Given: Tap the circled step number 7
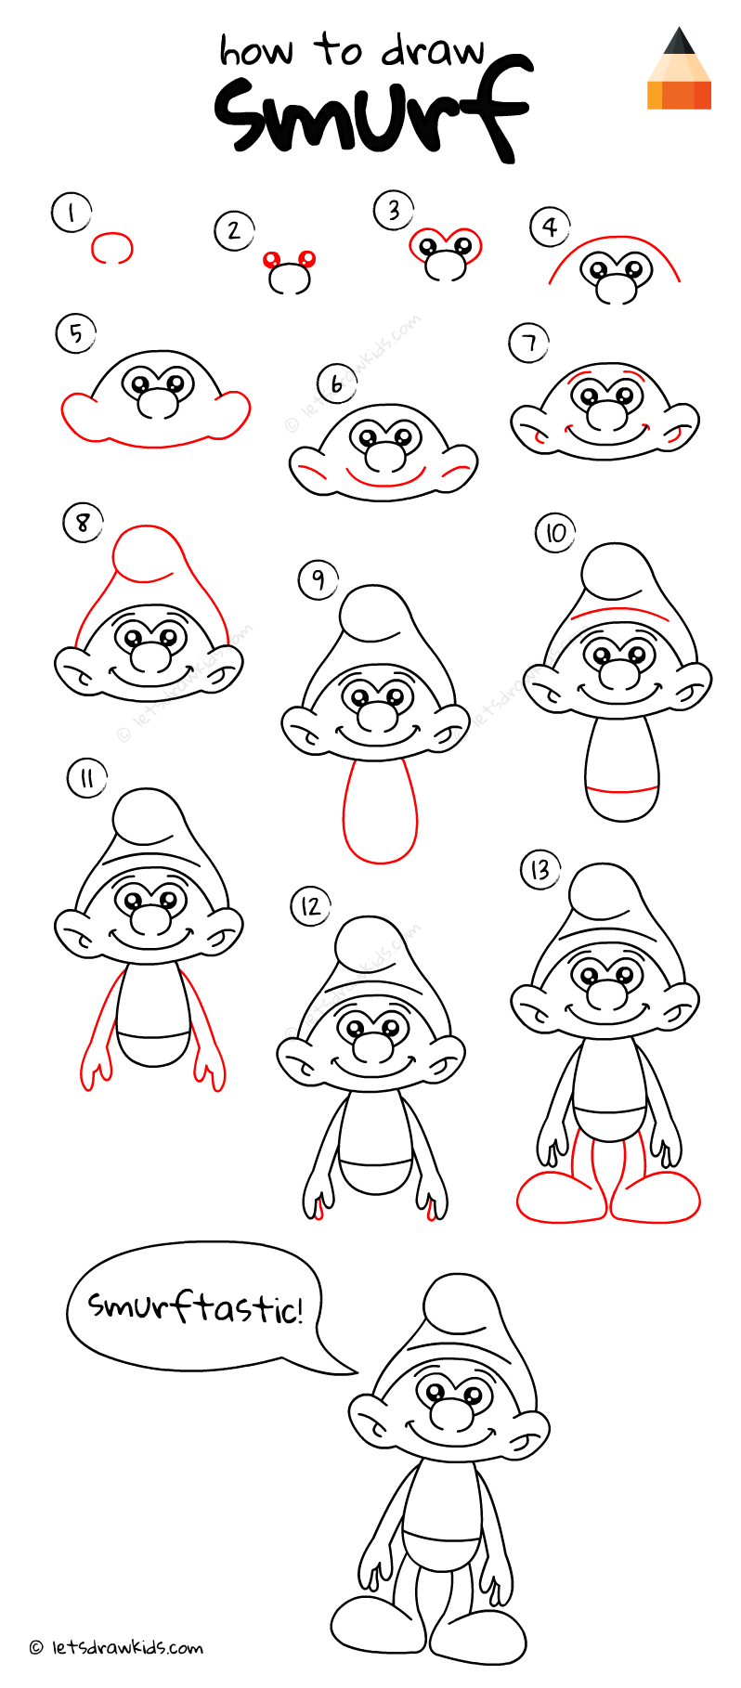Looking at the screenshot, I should pyautogui.click(x=528, y=344).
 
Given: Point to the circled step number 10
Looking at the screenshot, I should pyautogui.click(x=555, y=533).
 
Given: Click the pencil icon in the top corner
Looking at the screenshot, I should pyautogui.click(x=679, y=70).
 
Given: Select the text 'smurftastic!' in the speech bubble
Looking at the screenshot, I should pyautogui.click(x=195, y=1307).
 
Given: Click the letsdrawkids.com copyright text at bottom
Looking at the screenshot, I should pyautogui.click(x=116, y=1647).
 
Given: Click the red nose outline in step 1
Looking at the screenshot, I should pyautogui.click(x=111, y=247).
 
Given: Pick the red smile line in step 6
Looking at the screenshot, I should pyautogui.click(x=383, y=481).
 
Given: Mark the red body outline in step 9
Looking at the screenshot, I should pyautogui.click(x=380, y=812).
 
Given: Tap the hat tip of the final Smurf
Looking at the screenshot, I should pyautogui.click(x=462, y=1301).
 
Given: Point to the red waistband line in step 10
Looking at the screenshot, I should pyautogui.click(x=622, y=791).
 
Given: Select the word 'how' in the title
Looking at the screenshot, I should pyautogui.click(x=255, y=51).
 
